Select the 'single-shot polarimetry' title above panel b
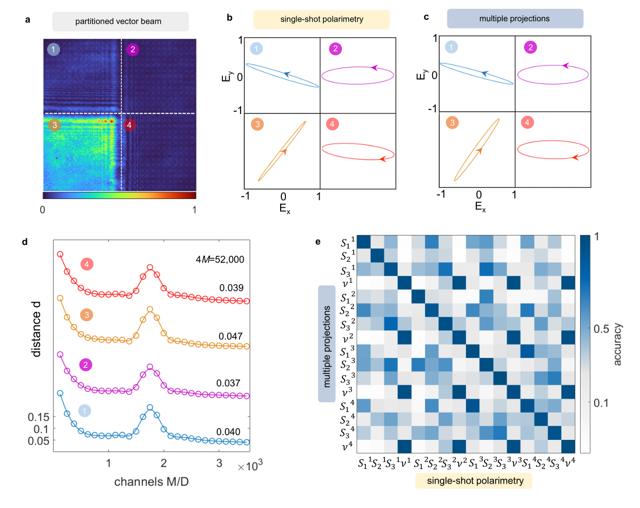click(321, 20)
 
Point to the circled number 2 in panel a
click(133, 49)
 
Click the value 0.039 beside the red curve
click(231, 287)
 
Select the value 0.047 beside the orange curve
click(231, 336)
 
